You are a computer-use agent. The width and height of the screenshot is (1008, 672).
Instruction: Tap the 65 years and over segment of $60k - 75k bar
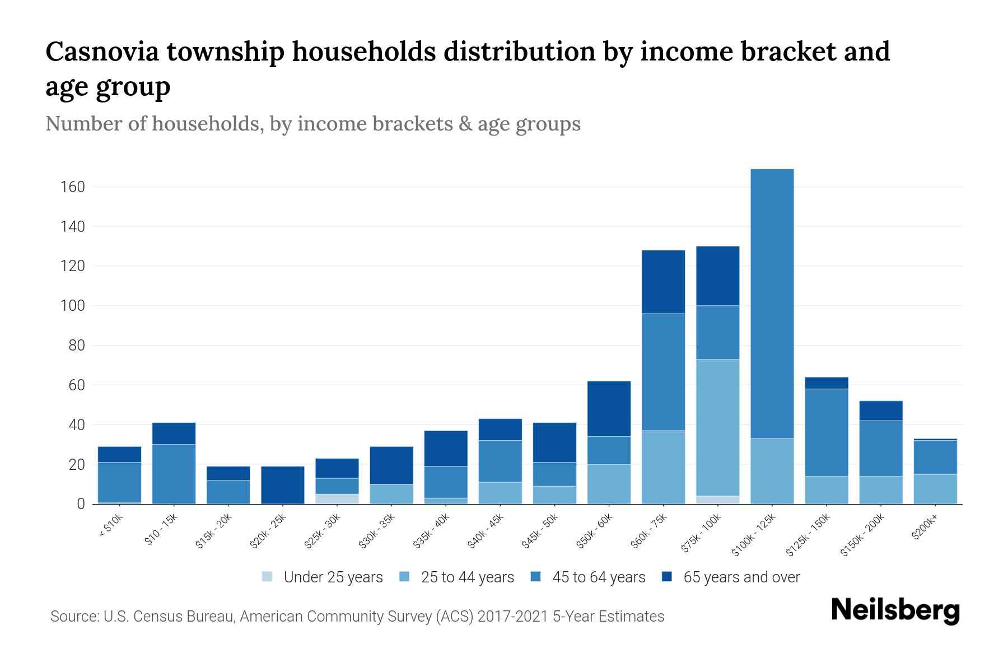pos(663,282)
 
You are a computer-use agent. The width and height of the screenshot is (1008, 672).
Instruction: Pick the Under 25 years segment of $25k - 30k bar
pos(337,499)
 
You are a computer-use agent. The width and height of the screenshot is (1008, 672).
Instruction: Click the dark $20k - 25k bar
pos(283,485)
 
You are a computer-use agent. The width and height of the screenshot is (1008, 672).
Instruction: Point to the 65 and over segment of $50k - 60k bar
pos(609,409)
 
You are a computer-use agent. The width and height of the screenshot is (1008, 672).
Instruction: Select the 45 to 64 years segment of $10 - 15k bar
pos(174,474)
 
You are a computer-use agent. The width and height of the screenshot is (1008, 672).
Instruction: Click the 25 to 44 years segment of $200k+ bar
pos(935,489)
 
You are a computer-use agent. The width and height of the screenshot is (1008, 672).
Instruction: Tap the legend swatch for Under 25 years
pos(268,577)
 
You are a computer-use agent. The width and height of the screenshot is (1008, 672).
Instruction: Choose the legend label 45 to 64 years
pos(598,577)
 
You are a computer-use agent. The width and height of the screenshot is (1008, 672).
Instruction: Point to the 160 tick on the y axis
pos(73,187)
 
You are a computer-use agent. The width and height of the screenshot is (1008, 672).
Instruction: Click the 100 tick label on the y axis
pos(73,306)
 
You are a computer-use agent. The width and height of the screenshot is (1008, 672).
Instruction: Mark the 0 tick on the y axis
pos(81,505)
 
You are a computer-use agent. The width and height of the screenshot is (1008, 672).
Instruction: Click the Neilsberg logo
pos(895,610)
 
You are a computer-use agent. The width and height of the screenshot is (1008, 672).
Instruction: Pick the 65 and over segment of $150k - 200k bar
pos(880,410)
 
